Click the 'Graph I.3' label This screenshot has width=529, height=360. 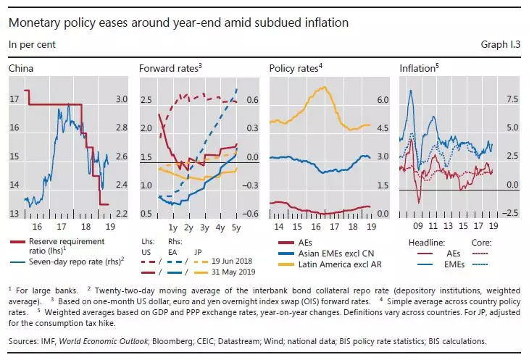coord(501,45)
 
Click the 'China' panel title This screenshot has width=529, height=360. coord(20,69)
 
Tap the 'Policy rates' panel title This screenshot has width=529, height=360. coord(294,69)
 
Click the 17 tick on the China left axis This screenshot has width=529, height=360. coord(14,99)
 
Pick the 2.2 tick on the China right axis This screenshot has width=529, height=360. coord(122,214)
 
